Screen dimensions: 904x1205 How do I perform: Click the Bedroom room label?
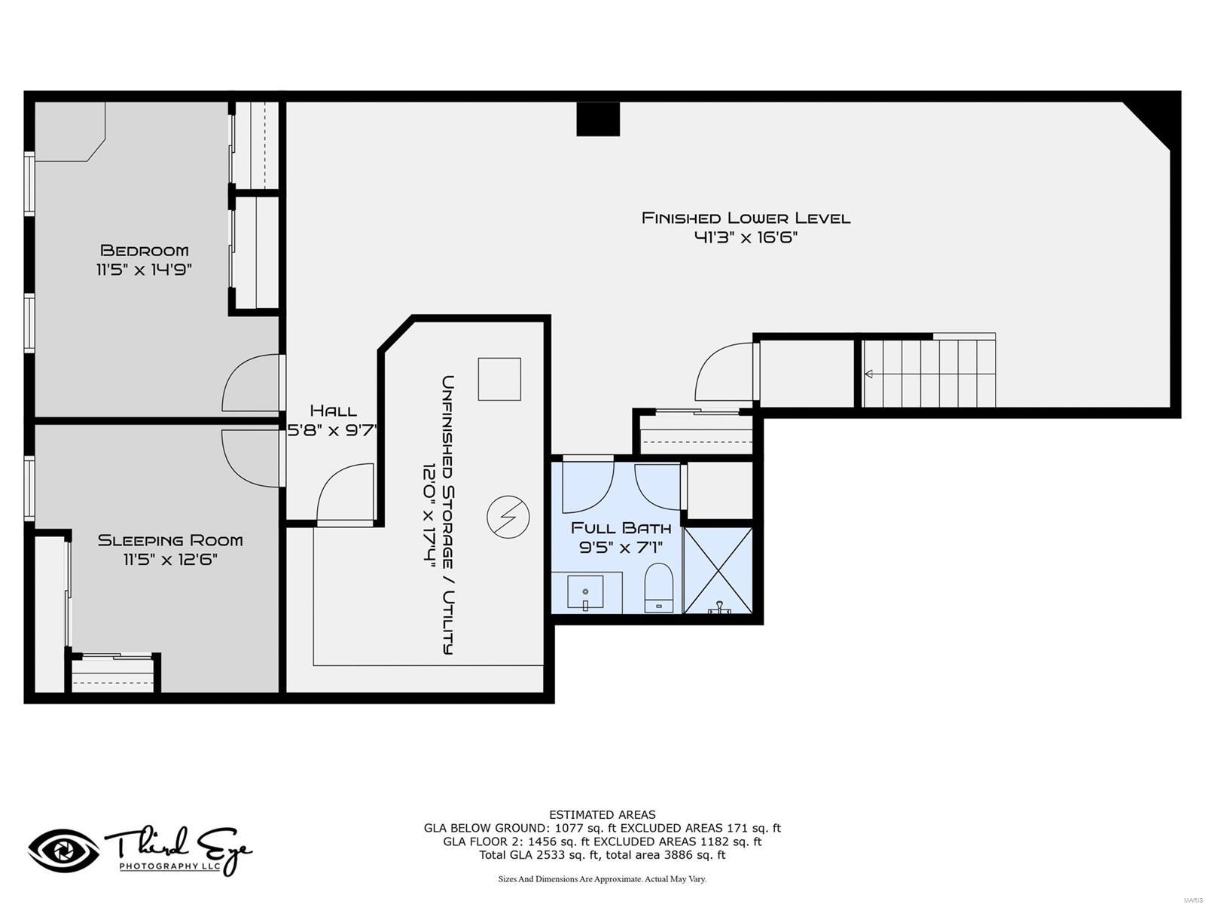[144, 250]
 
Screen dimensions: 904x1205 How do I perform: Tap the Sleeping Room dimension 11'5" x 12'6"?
[170, 559]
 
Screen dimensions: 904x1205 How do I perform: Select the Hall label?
[333, 411]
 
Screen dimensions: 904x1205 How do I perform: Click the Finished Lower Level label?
[746, 218]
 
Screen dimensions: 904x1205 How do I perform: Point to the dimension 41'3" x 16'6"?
[746, 238]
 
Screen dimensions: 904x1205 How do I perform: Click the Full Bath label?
[621, 528]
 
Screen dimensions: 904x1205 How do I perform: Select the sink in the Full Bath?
[585, 593]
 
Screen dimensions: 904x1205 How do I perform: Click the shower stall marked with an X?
[718, 570]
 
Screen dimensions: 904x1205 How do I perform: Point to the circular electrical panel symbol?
[508, 517]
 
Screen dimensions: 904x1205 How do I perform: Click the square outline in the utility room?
[499, 379]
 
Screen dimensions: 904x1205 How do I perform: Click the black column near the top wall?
[598, 119]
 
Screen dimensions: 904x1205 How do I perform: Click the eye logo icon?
[63, 851]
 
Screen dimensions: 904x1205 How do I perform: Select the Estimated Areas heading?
[602, 814]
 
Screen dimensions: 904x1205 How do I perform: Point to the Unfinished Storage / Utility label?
[447, 515]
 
